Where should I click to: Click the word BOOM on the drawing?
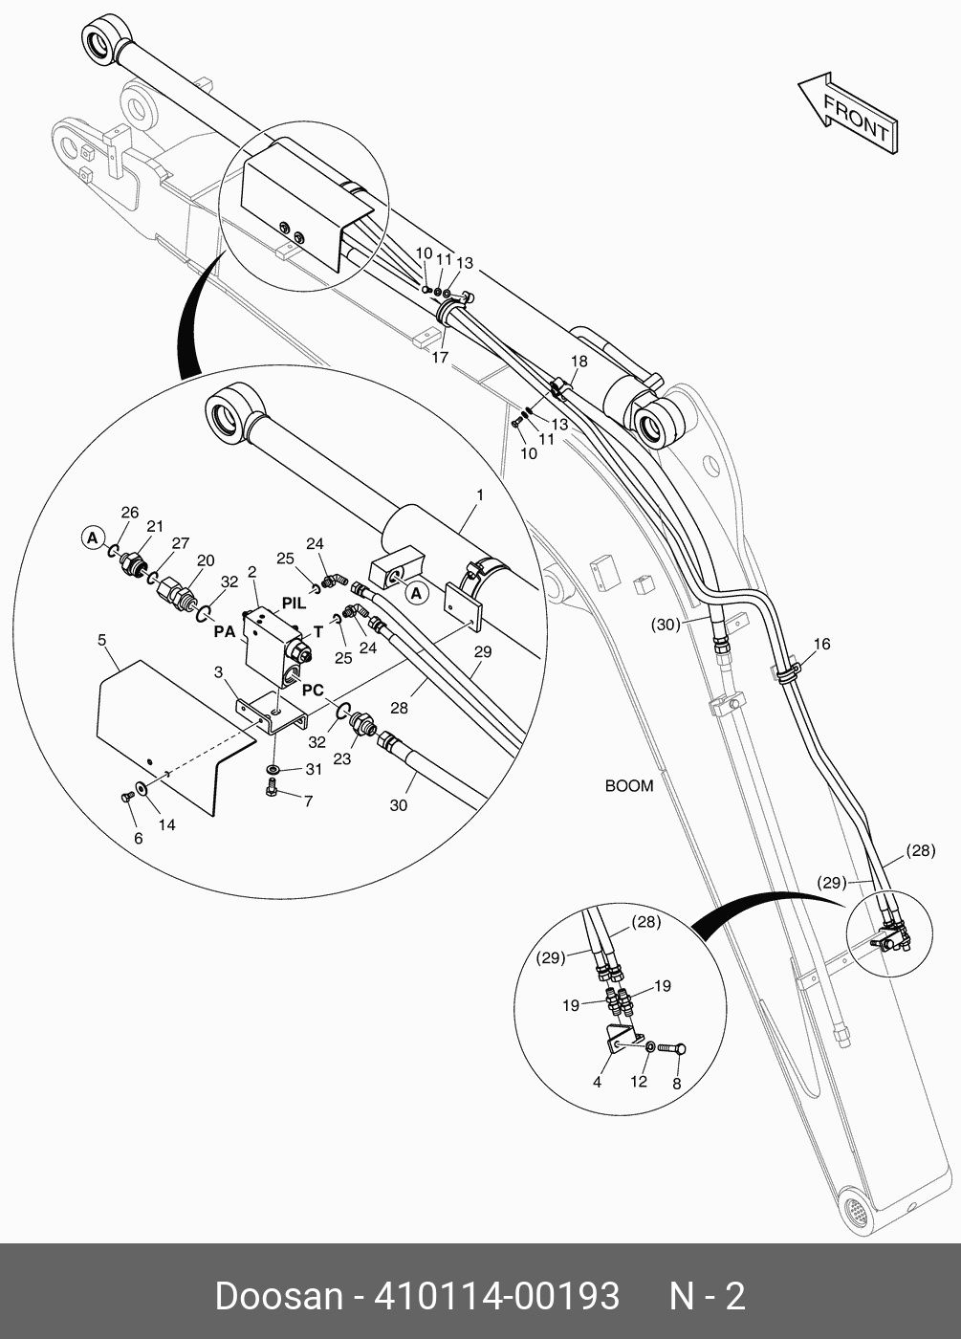tap(629, 786)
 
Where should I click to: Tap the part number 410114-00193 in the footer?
tap(497, 1296)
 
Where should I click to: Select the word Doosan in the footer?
tap(278, 1296)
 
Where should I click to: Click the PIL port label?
tap(294, 604)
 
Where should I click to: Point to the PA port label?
tap(224, 632)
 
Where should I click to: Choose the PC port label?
tap(313, 690)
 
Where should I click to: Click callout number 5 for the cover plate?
tap(102, 641)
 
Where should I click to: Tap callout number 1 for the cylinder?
tap(479, 495)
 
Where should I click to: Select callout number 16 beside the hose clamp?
tap(822, 644)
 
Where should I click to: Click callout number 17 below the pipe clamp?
tap(439, 358)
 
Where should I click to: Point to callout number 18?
tap(579, 362)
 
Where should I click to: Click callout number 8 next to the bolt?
tap(677, 1084)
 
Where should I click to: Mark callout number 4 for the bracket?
tap(597, 1082)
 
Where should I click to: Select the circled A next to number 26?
tap(92, 538)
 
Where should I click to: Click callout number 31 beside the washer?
tap(314, 769)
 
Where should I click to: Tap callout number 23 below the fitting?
tap(341, 759)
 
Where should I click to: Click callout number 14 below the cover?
tap(166, 824)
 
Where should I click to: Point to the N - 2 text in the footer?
tap(707, 1296)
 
